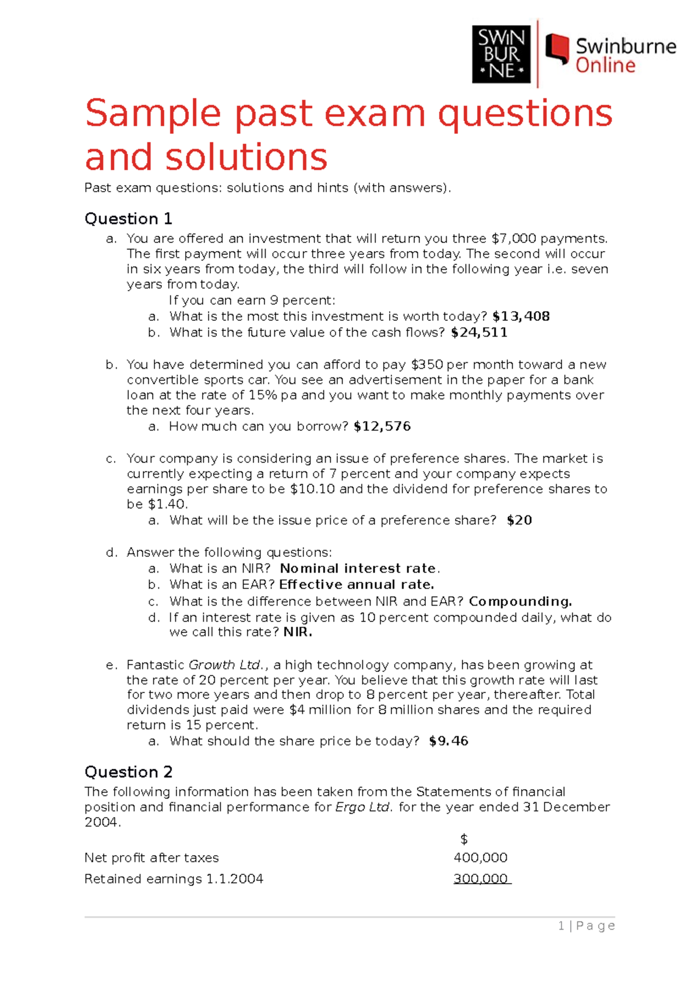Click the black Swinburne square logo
click(501, 54)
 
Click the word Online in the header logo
click(605, 65)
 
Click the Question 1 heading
click(128, 219)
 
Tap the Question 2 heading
click(128, 772)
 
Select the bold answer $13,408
click(521, 316)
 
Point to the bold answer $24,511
click(479, 333)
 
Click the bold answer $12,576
click(382, 426)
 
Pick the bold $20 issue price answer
click(519, 520)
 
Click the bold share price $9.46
click(449, 741)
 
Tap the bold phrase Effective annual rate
click(356, 584)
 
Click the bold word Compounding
click(520, 601)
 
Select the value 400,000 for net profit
click(481, 857)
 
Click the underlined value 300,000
click(481, 879)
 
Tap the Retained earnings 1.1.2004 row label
click(174, 879)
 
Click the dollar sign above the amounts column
click(464, 839)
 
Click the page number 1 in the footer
click(561, 926)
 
